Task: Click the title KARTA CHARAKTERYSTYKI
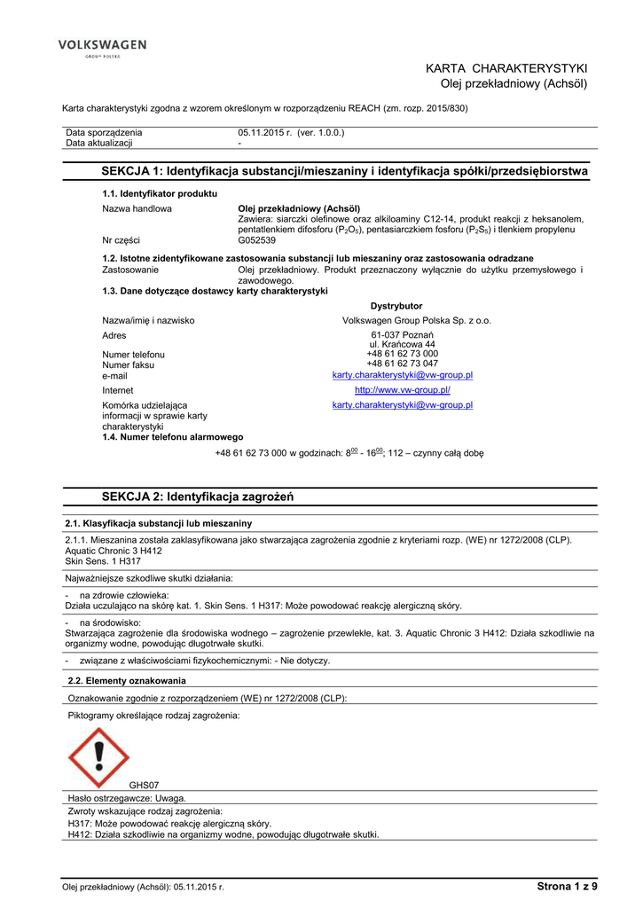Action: coord(506,68)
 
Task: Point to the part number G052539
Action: coord(257,240)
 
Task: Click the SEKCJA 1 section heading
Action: coord(345,170)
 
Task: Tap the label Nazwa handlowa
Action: coord(137,208)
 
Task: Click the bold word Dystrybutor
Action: coord(396,306)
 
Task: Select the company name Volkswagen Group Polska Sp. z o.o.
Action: coord(417,320)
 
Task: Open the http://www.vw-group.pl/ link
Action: coord(402,390)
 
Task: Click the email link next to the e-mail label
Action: coord(402,375)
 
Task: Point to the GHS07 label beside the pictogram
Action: coord(144,786)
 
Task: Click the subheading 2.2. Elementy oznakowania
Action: coord(127,681)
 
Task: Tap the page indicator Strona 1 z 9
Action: coord(567,886)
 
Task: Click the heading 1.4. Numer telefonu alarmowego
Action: coord(172,437)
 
